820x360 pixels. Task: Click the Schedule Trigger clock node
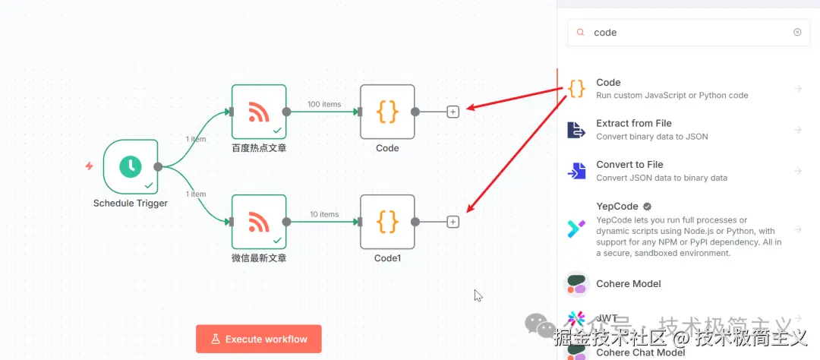(x=131, y=166)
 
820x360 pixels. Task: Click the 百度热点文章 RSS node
(x=259, y=112)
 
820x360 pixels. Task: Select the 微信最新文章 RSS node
(x=259, y=222)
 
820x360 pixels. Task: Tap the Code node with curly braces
(x=387, y=112)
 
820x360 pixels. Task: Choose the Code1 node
(x=387, y=222)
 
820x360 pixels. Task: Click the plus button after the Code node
(x=453, y=112)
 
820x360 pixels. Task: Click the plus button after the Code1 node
(x=453, y=222)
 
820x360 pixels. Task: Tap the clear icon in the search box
(x=797, y=33)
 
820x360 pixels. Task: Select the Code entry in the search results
(x=672, y=88)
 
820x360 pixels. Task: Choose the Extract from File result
(x=672, y=129)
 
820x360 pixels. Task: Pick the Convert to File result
(x=672, y=170)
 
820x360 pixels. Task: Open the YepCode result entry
(x=672, y=228)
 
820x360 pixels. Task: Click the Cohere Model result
(x=629, y=283)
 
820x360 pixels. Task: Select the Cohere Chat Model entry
(x=641, y=352)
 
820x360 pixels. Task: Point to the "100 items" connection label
(x=324, y=104)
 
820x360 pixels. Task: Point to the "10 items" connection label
(x=324, y=214)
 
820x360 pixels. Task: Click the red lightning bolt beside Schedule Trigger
(x=90, y=166)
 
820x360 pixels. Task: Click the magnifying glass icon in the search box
(x=581, y=33)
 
